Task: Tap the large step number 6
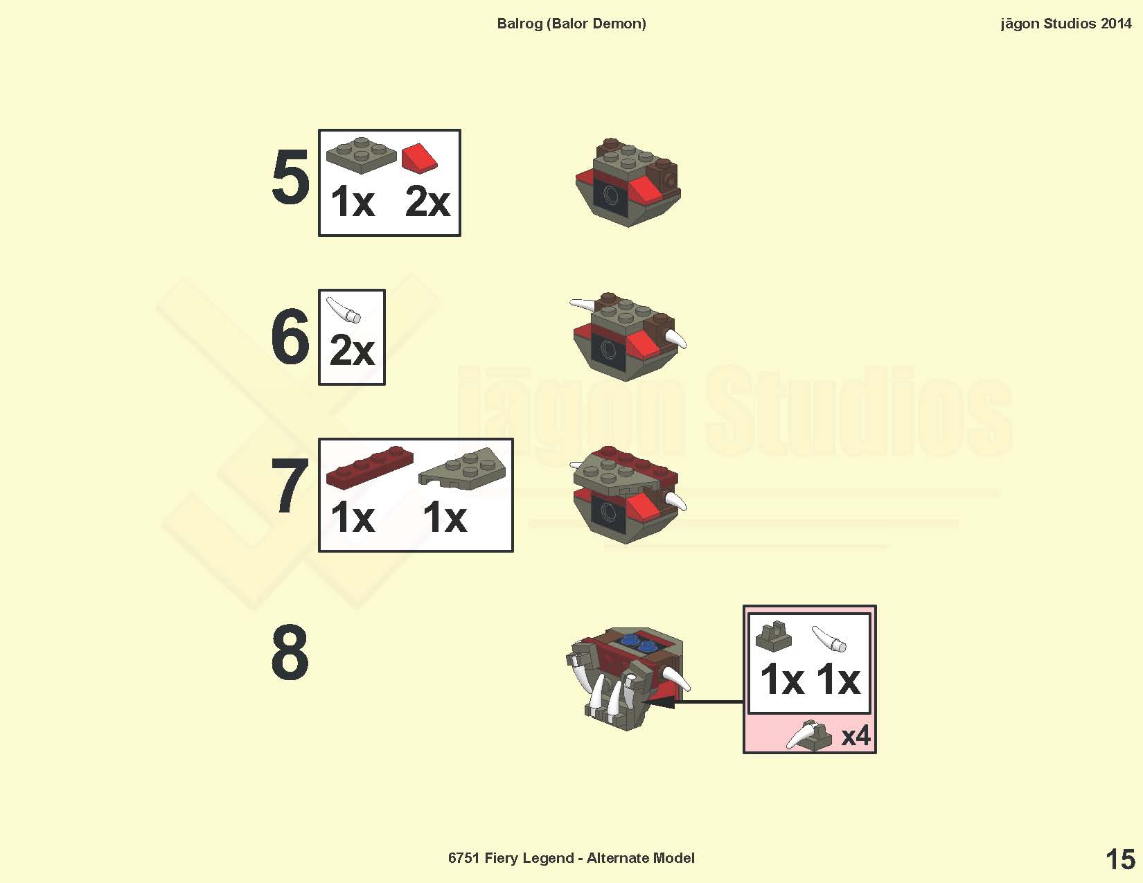point(290,336)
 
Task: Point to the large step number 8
point(290,652)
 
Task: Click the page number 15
point(1120,859)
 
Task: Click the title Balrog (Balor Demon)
point(571,24)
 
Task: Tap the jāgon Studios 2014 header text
point(1065,24)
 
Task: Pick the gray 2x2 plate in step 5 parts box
point(362,155)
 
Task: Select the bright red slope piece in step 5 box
point(419,158)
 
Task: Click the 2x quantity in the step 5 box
point(427,202)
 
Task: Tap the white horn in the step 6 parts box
point(344,310)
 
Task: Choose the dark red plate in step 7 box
point(369,467)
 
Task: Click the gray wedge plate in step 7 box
point(462,469)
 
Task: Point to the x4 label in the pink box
point(856,735)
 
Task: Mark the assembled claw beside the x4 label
point(809,735)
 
